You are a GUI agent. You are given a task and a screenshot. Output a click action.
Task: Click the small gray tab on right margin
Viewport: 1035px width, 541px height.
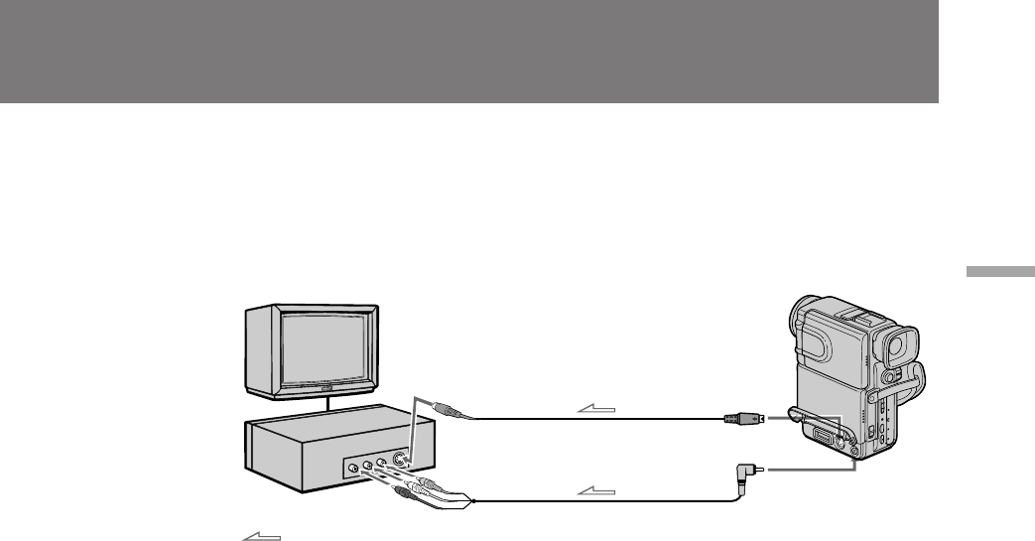point(996,272)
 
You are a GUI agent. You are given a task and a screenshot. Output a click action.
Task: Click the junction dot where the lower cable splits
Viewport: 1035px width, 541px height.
point(474,501)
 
